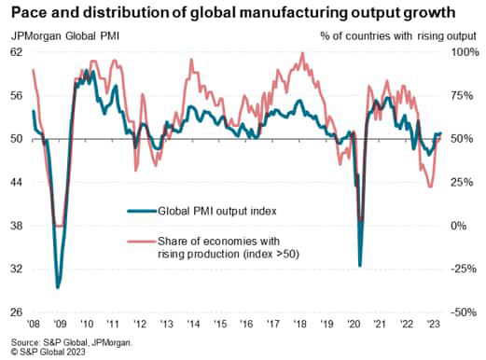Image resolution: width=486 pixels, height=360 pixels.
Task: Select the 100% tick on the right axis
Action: (464, 52)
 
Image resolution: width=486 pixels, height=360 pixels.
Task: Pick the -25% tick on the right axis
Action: (464, 270)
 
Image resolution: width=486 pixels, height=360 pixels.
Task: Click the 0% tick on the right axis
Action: (464, 226)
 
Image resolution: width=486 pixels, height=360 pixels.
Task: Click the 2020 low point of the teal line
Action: (361, 266)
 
